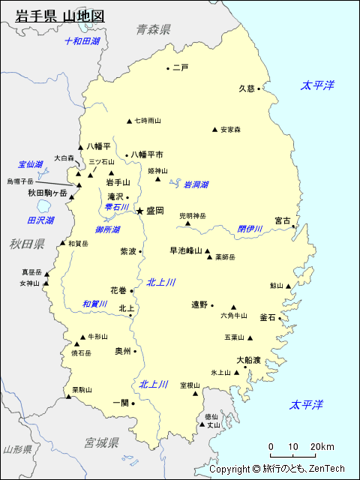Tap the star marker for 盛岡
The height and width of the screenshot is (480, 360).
click(x=139, y=211)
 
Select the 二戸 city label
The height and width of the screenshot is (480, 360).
click(x=180, y=67)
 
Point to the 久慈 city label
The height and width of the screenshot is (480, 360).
click(x=247, y=88)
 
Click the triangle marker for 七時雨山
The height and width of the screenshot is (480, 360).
click(x=130, y=121)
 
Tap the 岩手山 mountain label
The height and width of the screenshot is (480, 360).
click(x=118, y=182)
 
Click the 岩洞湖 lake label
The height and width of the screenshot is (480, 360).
click(x=196, y=184)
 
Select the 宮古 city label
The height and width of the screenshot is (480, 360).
click(x=283, y=220)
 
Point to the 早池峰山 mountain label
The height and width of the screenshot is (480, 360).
click(x=186, y=250)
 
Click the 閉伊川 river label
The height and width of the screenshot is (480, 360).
click(x=250, y=229)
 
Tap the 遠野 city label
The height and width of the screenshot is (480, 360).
click(x=199, y=304)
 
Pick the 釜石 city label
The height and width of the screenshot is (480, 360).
click(x=268, y=317)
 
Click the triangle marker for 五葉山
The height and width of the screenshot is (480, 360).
click(x=250, y=337)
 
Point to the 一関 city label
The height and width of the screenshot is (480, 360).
click(x=120, y=402)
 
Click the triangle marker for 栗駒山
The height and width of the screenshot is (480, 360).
click(x=68, y=396)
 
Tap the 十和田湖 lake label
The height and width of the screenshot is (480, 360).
click(x=82, y=41)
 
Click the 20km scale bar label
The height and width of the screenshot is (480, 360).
click(x=324, y=447)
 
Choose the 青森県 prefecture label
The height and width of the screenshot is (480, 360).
click(x=154, y=29)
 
